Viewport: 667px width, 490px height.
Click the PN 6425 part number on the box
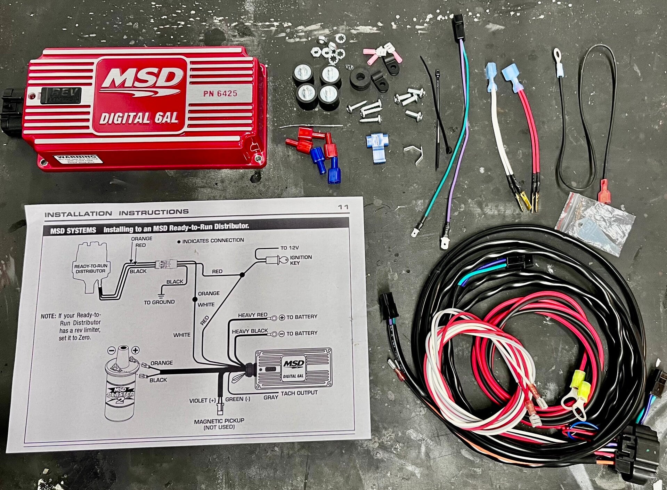220,93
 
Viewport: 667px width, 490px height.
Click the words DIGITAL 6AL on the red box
139,119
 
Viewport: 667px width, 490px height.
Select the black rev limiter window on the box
61,95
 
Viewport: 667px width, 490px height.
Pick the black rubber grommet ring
360,80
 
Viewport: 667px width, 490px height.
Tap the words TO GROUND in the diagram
159,302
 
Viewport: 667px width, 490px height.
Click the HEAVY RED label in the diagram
252,315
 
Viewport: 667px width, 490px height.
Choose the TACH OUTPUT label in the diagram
299,393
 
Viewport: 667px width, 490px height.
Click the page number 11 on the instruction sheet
343,207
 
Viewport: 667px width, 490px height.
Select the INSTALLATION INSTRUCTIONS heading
116,213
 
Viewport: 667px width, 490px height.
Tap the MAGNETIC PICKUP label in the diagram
219,421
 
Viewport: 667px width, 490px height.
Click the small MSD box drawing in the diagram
293,369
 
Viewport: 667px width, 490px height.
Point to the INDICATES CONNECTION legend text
213,240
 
